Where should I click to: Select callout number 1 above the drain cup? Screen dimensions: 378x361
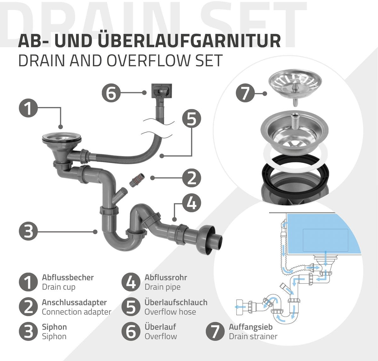coord(28,108)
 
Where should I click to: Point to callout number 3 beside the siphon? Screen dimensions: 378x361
coord(28,232)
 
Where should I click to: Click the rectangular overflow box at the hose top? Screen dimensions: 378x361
coord(161,91)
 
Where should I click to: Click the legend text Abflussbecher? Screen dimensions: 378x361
coord(68,277)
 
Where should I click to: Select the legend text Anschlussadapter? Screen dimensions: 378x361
coord(74,302)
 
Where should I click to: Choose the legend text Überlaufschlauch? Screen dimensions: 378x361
coord(176,302)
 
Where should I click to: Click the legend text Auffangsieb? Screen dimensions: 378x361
coord(251,327)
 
